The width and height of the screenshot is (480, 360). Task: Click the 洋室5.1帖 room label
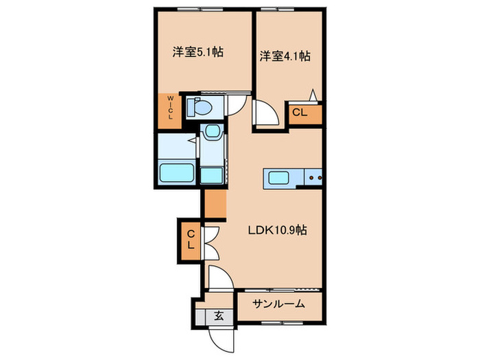197,51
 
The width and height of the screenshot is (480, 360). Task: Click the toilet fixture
201,107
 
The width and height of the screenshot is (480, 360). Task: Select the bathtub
178,173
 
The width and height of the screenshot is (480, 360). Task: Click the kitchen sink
278,178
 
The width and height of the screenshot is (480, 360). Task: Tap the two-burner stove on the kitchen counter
314,178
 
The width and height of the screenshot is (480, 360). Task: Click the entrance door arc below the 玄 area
223,337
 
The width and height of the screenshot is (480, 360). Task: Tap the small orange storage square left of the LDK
215,204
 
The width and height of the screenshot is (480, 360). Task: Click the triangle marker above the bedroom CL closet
313,95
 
